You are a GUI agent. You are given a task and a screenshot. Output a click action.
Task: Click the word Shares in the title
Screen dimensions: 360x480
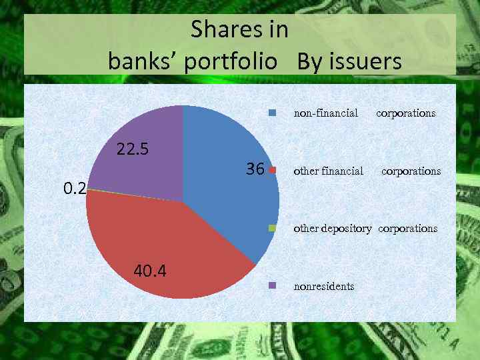tap(217, 30)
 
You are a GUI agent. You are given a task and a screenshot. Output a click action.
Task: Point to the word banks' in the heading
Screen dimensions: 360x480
tap(143, 62)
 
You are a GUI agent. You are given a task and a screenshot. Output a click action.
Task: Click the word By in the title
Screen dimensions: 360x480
tap(310, 62)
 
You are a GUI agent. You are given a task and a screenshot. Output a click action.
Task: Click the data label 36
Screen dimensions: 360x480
tap(255, 169)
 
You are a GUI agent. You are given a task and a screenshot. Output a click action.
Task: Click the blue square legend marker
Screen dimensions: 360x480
tap(272, 113)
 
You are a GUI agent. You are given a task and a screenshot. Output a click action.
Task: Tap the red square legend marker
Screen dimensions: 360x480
tap(272, 171)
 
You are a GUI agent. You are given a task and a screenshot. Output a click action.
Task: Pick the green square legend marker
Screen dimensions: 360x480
tap(272, 228)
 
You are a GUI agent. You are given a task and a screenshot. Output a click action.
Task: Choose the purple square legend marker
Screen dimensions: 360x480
tap(272, 286)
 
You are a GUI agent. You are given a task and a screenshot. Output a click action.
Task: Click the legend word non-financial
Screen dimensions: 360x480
tap(326, 113)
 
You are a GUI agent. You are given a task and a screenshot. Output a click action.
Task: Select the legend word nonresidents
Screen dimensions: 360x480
tap(324, 286)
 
